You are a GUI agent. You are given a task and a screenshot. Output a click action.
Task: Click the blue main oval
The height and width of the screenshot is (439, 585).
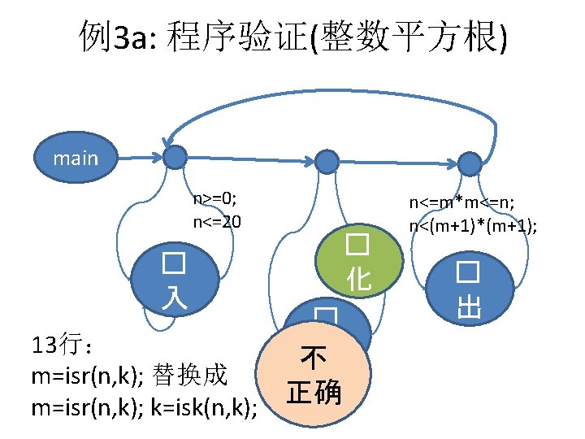click(x=75, y=157)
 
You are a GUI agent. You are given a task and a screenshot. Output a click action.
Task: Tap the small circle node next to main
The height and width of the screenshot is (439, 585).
click(x=174, y=158)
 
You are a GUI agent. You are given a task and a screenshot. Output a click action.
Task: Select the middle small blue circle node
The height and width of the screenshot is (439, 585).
click(x=326, y=161)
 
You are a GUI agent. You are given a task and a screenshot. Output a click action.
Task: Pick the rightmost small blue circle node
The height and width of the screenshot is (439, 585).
click(x=470, y=163)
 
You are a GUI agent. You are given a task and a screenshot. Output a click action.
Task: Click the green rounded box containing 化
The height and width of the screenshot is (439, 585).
click(x=358, y=262)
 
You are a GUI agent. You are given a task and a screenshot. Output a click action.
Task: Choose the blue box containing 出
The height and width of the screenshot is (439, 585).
click(x=468, y=289)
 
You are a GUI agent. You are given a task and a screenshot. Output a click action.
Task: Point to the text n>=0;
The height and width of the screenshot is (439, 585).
click(x=214, y=199)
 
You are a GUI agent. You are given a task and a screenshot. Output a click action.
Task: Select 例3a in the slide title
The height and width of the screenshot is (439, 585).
click(x=109, y=37)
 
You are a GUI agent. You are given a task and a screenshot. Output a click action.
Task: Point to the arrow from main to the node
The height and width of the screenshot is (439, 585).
click(x=138, y=157)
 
